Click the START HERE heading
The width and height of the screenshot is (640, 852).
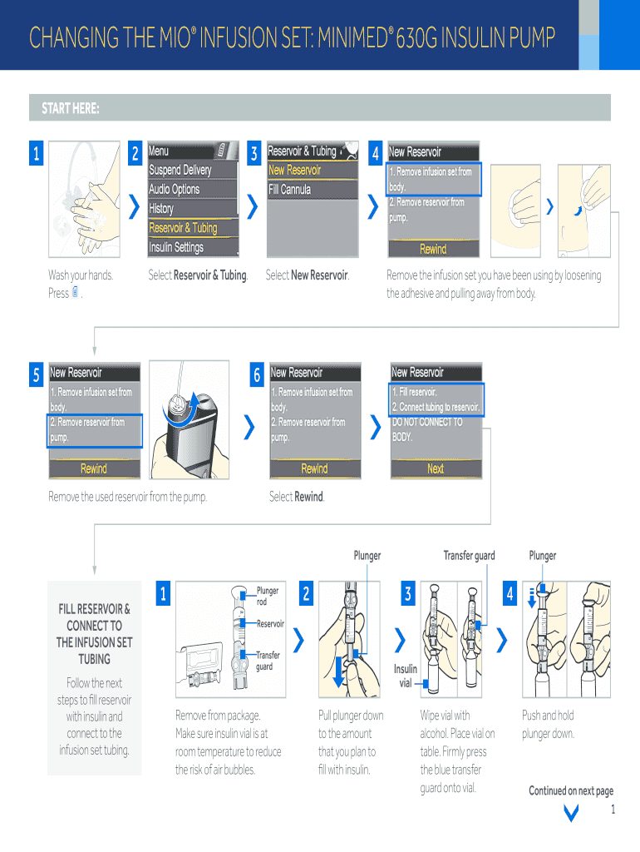pos(71,109)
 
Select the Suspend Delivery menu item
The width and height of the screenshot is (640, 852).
pos(180,170)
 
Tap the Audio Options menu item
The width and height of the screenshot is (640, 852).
pos(175,189)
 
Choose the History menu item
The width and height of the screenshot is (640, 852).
pos(161,209)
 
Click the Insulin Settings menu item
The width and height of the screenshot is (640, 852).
pos(176,248)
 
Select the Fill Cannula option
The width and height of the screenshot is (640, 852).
pos(290,190)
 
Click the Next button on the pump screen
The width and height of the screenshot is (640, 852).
pos(436,468)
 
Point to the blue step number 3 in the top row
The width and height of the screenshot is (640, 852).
pos(254,153)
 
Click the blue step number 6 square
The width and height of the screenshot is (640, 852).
pos(257,374)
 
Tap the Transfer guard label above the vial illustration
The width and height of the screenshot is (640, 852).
pos(469,555)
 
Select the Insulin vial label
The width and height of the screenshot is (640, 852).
pos(406,676)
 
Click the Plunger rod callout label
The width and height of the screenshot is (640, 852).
pos(268,596)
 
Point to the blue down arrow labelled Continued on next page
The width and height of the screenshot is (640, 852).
pos(571,813)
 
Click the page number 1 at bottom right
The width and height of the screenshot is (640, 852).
pos(613,810)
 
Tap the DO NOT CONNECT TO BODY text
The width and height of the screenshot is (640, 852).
pos(427,429)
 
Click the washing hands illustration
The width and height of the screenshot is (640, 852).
pos(84,199)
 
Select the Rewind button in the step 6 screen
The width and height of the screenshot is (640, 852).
pos(315,468)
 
